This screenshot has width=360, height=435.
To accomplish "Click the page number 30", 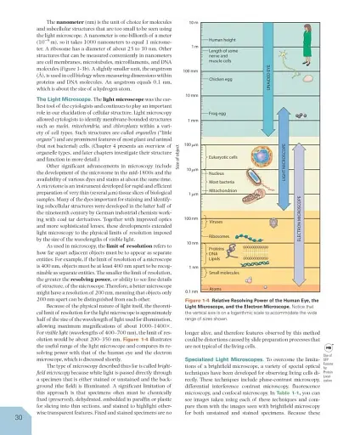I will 20,415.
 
